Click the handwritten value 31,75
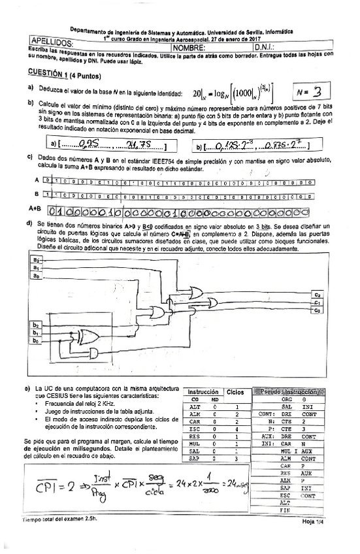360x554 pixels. click(137, 144)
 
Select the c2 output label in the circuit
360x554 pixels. click(317, 295)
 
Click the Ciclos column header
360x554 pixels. click(235, 392)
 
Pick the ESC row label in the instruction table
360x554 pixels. click(194, 428)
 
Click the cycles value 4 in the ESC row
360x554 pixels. click(237, 428)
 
